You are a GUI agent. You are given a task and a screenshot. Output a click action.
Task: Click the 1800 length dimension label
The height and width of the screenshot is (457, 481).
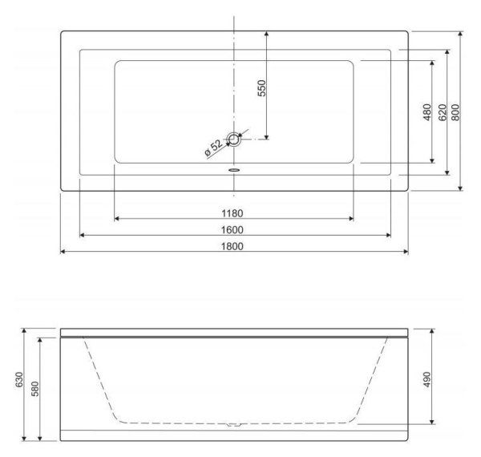tap(232, 246)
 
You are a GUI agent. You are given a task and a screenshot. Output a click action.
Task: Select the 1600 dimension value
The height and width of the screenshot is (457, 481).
tap(232, 230)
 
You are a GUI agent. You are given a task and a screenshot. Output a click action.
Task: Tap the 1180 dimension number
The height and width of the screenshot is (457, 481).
tap(232, 213)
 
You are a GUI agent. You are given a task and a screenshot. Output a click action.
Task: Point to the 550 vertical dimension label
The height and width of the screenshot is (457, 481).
tap(261, 88)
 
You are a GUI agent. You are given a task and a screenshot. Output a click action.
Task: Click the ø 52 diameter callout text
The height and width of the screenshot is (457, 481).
tap(213, 148)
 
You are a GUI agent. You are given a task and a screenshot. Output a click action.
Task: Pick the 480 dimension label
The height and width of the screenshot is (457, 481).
tap(427, 112)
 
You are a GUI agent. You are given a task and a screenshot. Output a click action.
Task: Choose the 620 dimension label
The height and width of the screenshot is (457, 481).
tap(442, 112)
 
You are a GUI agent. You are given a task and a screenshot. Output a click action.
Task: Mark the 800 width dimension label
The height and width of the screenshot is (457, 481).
tap(455, 112)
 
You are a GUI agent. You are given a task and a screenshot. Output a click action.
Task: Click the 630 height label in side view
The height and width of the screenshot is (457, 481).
tap(19, 380)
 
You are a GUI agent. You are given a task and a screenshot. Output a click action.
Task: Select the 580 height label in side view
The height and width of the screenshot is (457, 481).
tap(35, 389)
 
